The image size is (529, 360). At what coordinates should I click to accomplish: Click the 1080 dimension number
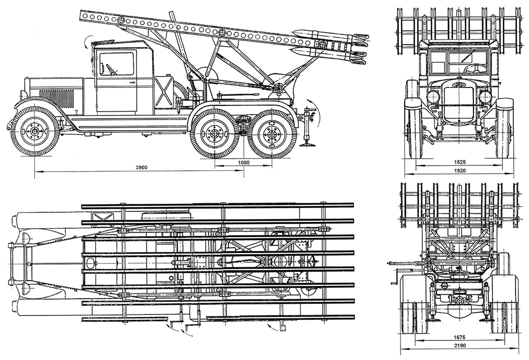tap(244, 163)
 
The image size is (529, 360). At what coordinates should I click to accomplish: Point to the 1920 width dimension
tap(460, 170)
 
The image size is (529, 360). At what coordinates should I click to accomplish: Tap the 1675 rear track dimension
tap(460, 337)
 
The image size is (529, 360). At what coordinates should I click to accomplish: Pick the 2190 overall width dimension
tap(460, 346)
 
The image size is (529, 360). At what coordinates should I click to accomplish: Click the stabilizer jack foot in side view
tap(308, 145)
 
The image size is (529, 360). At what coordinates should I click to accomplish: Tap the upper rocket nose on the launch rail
tap(299, 33)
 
